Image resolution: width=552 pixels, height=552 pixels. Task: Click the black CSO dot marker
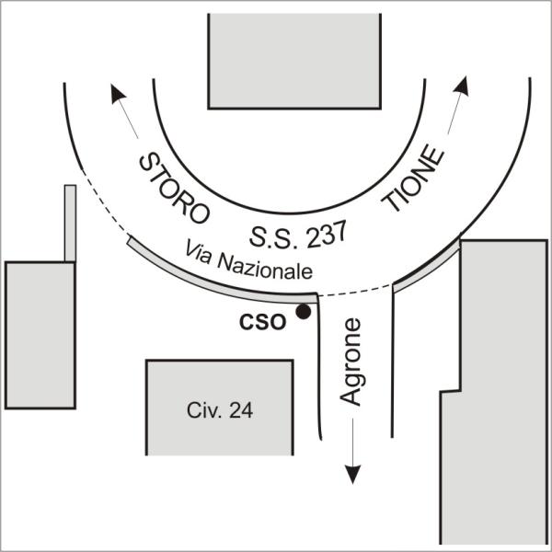tap(303, 313)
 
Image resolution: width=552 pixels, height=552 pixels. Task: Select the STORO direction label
tap(174, 189)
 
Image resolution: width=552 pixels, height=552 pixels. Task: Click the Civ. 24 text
tap(220, 410)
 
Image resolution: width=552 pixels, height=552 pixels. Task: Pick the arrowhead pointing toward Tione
tap(462, 87)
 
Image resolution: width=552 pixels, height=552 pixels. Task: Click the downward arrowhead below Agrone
tap(351, 474)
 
